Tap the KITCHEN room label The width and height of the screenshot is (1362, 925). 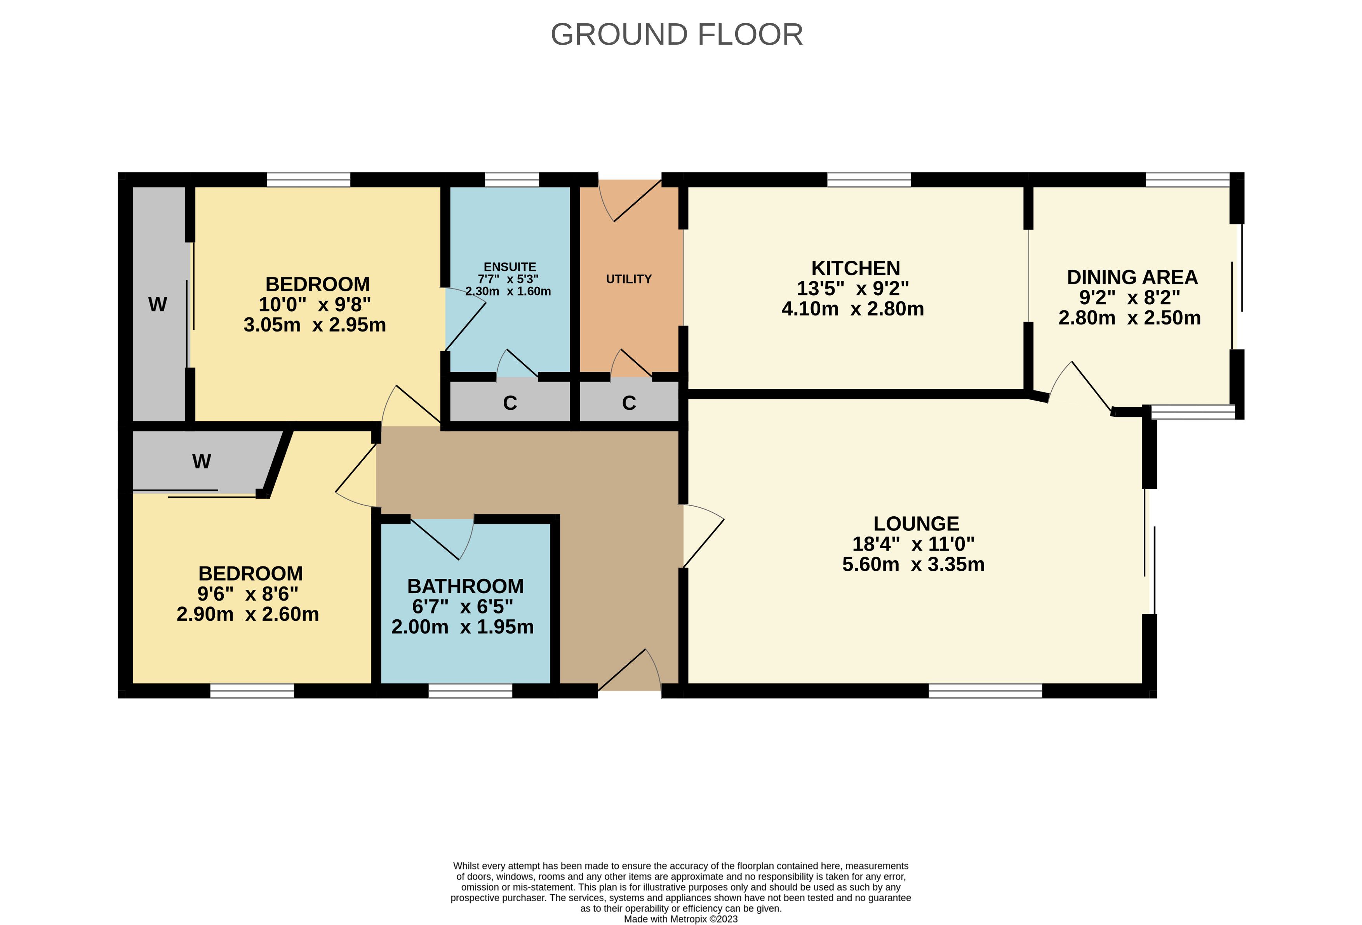pyautogui.click(x=856, y=268)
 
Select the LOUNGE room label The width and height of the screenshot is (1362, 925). pyautogui.click(x=916, y=523)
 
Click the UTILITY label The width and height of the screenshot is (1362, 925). pyautogui.click(x=629, y=279)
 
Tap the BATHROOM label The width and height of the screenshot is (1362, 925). pyautogui.click(x=465, y=586)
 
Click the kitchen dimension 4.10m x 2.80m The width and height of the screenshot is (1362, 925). pyautogui.click(x=853, y=309)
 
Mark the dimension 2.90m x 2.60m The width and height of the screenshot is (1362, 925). pyautogui.click(x=248, y=614)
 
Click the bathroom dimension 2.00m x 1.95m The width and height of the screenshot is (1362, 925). pyautogui.click(x=463, y=627)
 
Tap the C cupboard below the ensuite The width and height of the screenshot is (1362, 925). pyautogui.click(x=510, y=403)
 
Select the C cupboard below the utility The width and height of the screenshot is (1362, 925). pyautogui.click(x=629, y=403)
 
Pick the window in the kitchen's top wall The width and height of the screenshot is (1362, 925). pyautogui.click(x=869, y=179)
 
